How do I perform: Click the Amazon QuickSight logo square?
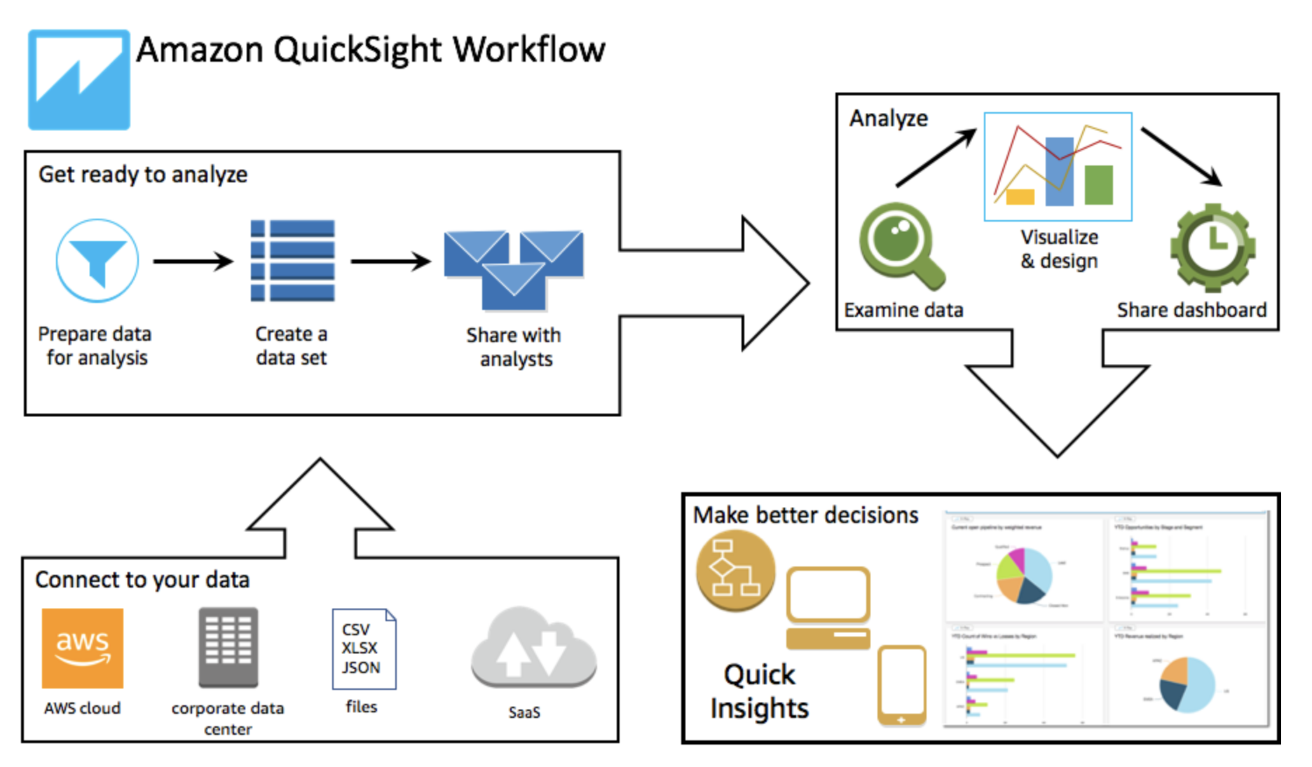(79, 79)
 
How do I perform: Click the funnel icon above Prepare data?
(97, 261)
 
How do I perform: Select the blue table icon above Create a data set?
(293, 261)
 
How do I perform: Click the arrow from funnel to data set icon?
(193, 262)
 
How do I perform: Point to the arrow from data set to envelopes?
(390, 262)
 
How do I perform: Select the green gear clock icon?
(1212, 247)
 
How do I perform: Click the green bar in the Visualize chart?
(1098, 184)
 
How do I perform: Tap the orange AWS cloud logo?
(83, 649)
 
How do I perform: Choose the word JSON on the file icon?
(361, 667)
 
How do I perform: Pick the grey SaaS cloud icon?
(534, 649)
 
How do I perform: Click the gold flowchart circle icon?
(735, 570)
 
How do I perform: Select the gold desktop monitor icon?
(828, 607)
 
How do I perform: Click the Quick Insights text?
(760, 691)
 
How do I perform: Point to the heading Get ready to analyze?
(143, 175)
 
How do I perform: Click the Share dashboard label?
(1191, 310)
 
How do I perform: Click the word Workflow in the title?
(529, 50)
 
